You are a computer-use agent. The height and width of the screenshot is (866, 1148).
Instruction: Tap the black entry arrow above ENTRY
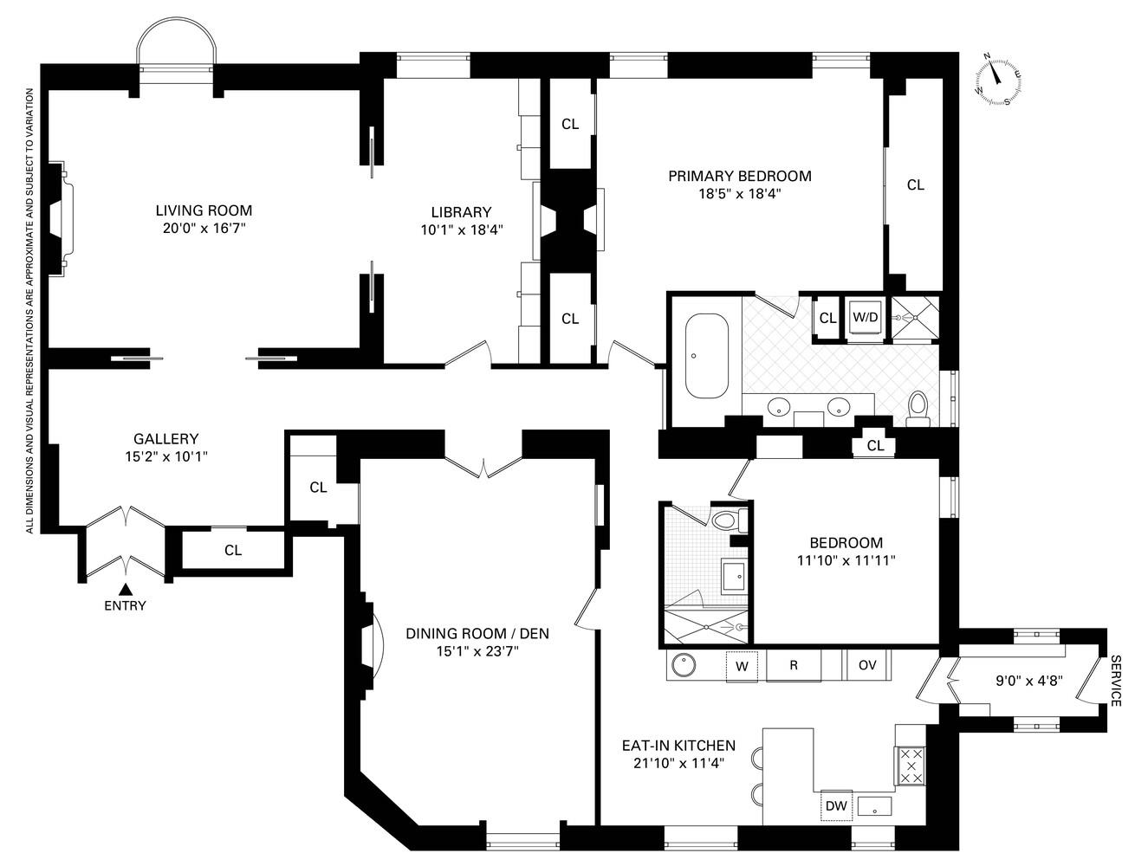(x=125, y=590)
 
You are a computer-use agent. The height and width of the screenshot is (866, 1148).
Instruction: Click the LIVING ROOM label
(x=204, y=210)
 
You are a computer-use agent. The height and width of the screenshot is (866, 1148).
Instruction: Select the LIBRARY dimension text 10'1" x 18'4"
(x=461, y=229)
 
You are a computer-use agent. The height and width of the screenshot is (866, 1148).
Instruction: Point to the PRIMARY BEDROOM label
(x=739, y=177)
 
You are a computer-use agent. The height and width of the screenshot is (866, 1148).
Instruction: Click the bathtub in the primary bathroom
(x=707, y=356)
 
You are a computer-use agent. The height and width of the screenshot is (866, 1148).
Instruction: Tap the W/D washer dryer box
(x=865, y=318)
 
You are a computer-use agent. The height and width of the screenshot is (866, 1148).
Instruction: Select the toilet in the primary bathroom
(x=917, y=409)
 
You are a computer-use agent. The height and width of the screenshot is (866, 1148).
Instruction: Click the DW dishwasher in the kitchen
(x=835, y=806)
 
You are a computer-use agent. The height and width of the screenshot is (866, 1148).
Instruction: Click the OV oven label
(x=867, y=665)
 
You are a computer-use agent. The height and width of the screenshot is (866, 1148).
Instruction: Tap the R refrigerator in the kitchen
(x=793, y=665)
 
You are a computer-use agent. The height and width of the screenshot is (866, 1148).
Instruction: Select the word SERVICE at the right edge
(x=1115, y=681)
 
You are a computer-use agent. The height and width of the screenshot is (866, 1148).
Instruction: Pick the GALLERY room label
(x=165, y=439)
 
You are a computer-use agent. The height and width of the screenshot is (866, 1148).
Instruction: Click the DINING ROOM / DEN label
(x=477, y=634)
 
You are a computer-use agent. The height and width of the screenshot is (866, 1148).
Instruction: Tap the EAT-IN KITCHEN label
(x=678, y=746)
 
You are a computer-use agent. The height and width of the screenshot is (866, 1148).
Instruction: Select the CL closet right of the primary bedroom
(x=915, y=185)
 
